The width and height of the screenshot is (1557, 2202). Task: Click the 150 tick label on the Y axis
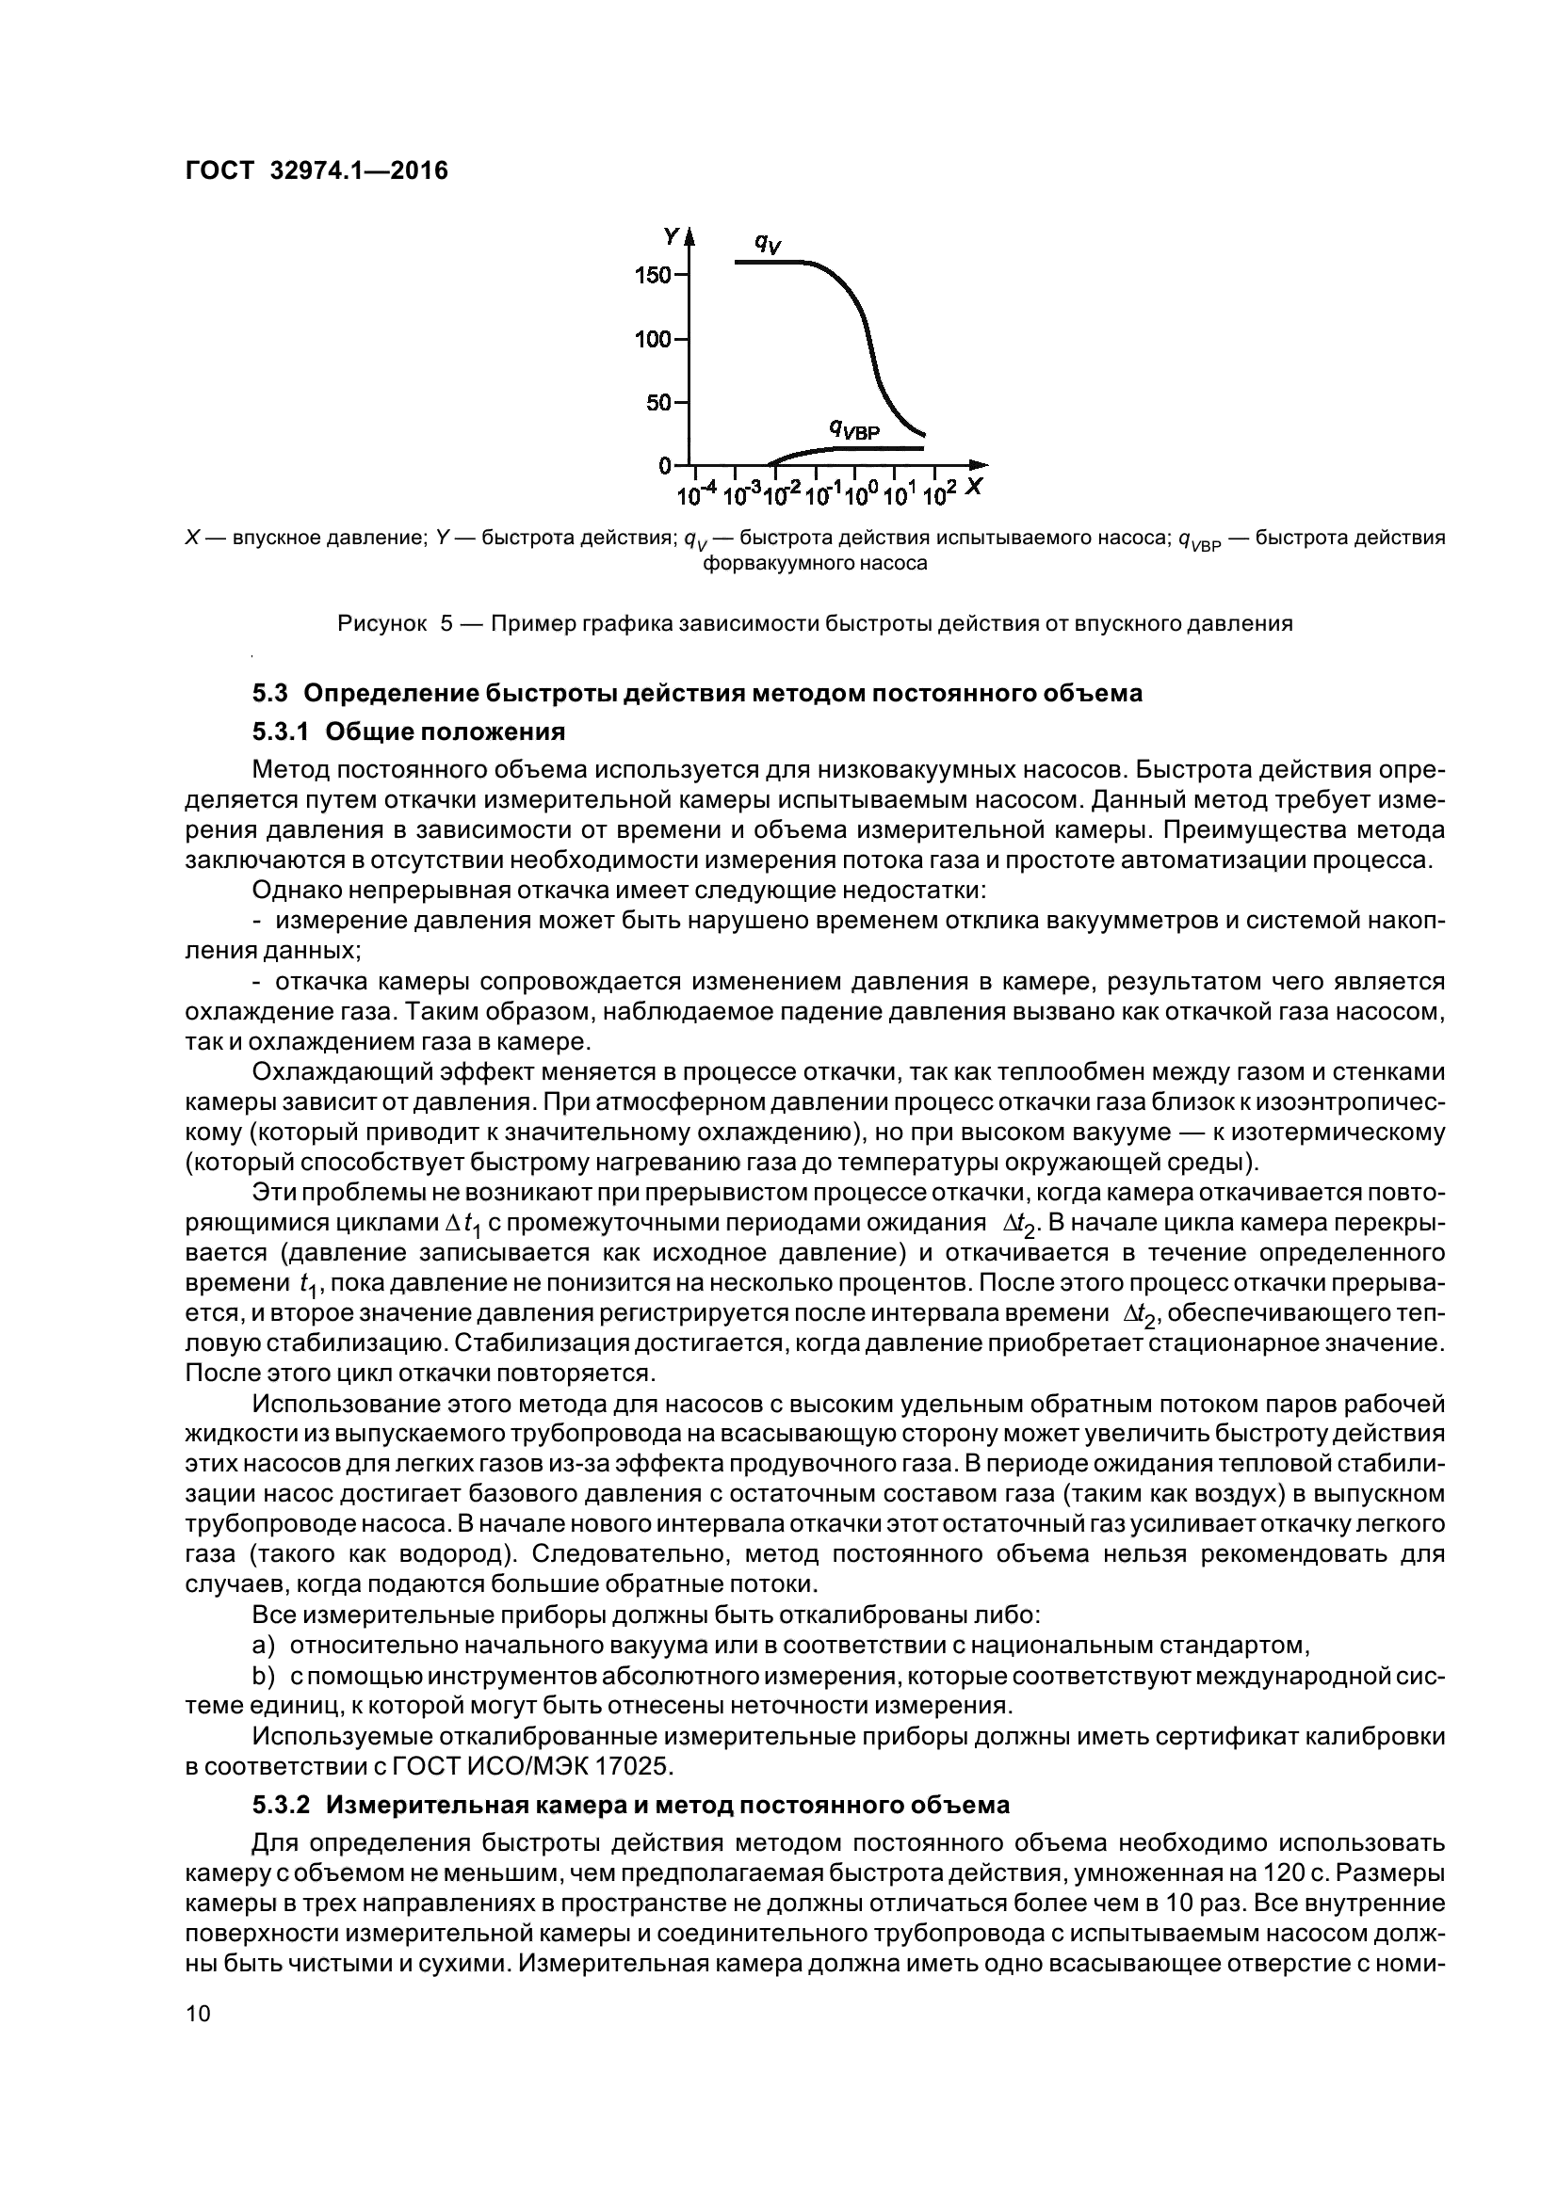click(x=654, y=276)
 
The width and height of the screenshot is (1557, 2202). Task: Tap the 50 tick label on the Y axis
click(x=659, y=403)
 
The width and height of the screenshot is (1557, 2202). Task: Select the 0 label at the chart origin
click(x=665, y=466)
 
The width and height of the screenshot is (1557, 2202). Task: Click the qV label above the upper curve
click(x=768, y=244)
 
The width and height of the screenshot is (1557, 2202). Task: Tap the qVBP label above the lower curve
click(x=853, y=428)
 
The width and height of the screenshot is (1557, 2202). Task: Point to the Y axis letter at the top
click(x=672, y=235)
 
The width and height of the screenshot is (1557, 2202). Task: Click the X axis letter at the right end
click(x=975, y=486)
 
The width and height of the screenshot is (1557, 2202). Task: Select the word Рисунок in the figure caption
click(x=381, y=623)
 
